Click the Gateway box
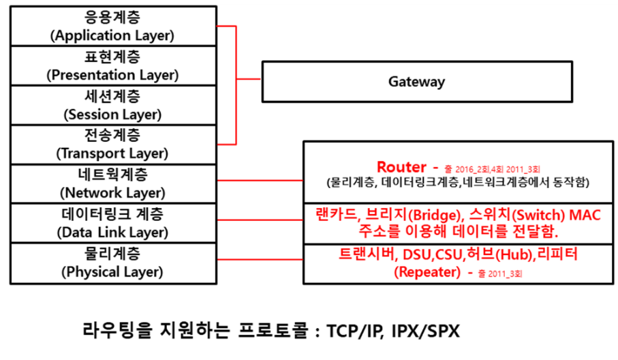tap(417, 82)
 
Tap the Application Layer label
tap(112, 35)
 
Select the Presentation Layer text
tap(112, 75)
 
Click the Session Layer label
tap(112, 114)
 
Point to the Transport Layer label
tap(112, 153)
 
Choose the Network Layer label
tap(112, 192)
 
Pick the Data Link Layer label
tap(112, 232)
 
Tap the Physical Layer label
tap(112, 271)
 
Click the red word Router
tap(401, 167)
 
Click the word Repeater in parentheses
tap(427, 271)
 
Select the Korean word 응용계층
tap(112, 16)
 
